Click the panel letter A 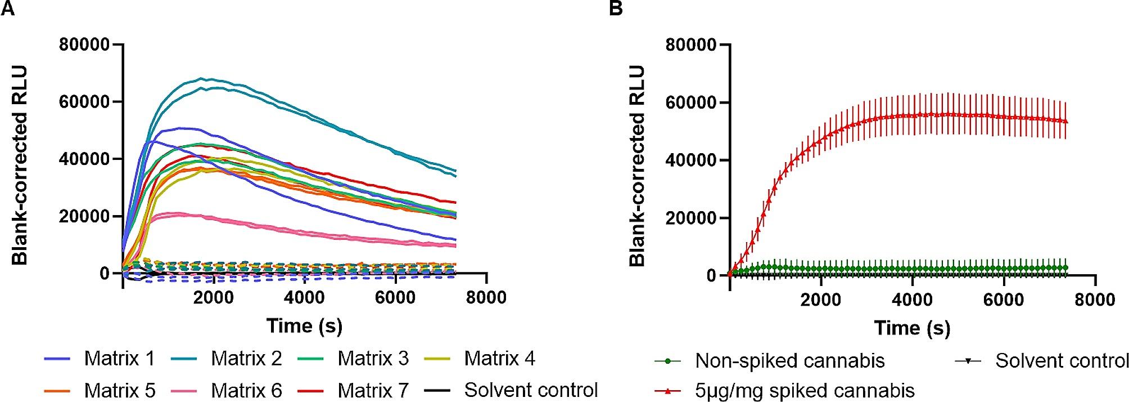pyautogui.click(x=7, y=9)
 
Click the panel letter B pyautogui.click(x=616, y=9)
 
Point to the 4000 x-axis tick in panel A pyautogui.click(x=304, y=297)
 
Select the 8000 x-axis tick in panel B pyautogui.click(x=1094, y=299)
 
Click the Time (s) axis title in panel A pyautogui.click(x=304, y=325)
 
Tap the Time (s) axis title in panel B pyautogui.click(x=912, y=328)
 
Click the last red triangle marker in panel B pyautogui.click(x=1065, y=121)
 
